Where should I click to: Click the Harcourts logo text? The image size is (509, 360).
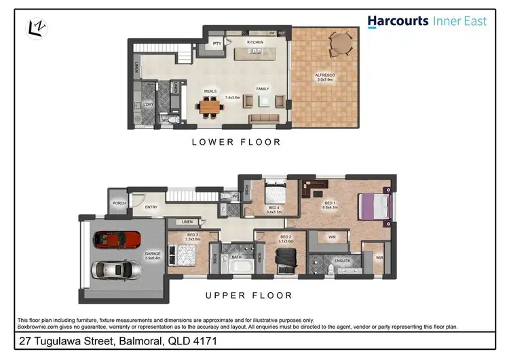[x=398, y=21]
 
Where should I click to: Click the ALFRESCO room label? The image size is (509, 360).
[x=323, y=75]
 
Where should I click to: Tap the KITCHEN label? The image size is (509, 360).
[x=255, y=42]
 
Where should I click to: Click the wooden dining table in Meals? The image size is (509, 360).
[x=210, y=105]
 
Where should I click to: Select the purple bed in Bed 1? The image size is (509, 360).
[x=372, y=206]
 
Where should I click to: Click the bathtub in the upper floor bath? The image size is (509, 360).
[x=237, y=266]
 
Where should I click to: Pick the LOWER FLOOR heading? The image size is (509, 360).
[x=235, y=142]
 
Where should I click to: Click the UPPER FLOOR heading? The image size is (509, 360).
[x=248, y=295]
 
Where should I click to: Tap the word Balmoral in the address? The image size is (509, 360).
[x=143, y=340]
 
